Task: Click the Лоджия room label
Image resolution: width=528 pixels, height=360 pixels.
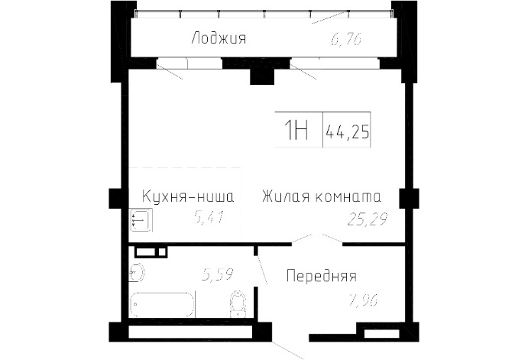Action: pos(219,38)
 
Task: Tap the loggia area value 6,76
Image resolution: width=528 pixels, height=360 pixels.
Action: pos(346,40)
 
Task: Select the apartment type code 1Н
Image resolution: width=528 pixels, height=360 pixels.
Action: pos(296,131)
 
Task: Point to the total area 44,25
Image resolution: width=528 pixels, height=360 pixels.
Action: pos(347,131)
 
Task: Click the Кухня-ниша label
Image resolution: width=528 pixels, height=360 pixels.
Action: pos(188,196)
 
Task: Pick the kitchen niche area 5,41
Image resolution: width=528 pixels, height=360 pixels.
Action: pos(209,218)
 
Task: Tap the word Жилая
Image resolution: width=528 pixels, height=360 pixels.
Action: pos(286,196)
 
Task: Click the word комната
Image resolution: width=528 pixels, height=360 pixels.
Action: pos(348,197)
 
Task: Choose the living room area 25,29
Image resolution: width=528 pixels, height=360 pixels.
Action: pos(368,219)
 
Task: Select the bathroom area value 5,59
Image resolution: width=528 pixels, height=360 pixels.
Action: pos(218,274)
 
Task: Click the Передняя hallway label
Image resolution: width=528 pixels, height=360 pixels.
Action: pos(322,276)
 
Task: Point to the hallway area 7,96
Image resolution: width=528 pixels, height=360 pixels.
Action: pos(363,300)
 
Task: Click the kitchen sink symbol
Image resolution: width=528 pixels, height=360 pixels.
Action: pos(141,219)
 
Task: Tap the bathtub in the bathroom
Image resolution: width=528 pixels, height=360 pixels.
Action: pos(162,305)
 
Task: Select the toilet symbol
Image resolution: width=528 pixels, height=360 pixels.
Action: pos(238,303)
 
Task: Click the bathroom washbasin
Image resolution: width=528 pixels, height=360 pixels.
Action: pos(137,272)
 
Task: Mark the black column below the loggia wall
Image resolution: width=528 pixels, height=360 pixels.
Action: pos(262,76)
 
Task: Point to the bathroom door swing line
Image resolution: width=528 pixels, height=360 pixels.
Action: pos(261,270)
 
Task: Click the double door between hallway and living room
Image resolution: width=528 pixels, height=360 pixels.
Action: pos(317,238)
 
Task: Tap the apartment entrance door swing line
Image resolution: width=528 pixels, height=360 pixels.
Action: pos(287,350)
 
